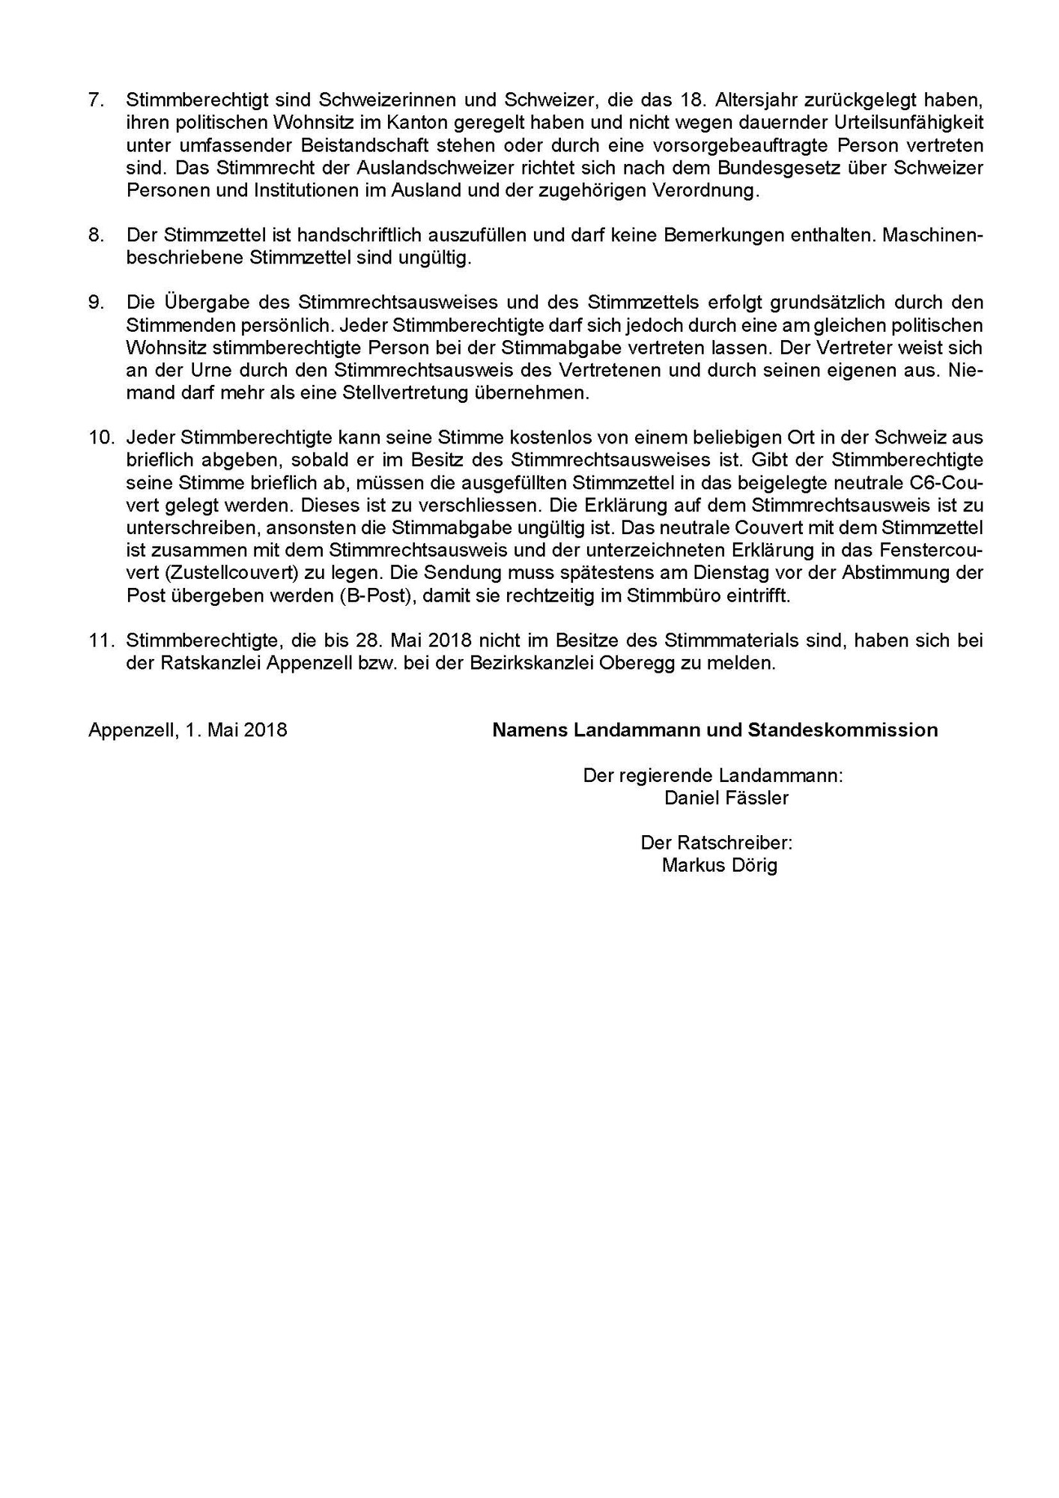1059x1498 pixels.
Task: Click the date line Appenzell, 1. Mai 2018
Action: pyautogui.click(x=187, y=730)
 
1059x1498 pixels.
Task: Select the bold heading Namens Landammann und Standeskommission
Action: pyautogui.click(x=714, y=730)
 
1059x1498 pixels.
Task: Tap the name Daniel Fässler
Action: pyautogui.click(x=726, y=798)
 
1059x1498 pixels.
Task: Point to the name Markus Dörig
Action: pyautogui.click(x=720, y=866)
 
